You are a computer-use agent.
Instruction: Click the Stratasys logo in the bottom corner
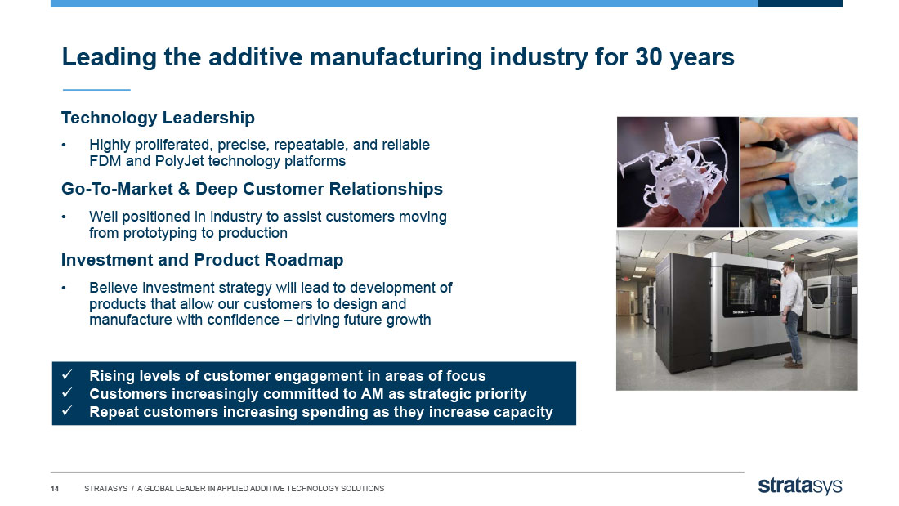(800, 486)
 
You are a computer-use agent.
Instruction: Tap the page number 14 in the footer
(55, 489)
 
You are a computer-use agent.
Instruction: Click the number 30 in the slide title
(648, 57)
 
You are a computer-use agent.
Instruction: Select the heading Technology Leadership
(158, 118)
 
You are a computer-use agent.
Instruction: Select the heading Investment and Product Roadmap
(203, 260)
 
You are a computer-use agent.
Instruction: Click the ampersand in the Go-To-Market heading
(183, 189)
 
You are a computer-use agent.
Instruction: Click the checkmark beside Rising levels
(67, 375)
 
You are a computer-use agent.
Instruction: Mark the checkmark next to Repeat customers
(67, 411)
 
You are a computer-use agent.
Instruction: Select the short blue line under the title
(96, 89)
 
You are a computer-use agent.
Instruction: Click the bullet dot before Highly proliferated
(65, 146)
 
